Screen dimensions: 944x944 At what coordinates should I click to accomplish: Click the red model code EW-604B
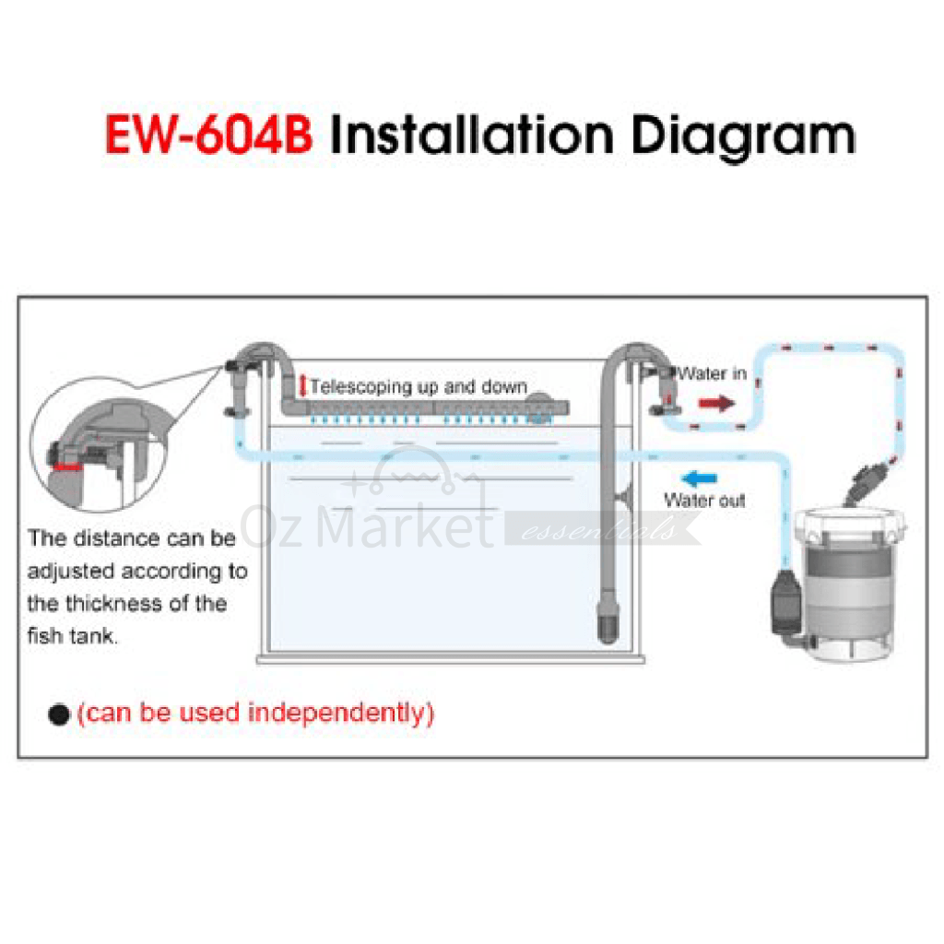tap(209, 135)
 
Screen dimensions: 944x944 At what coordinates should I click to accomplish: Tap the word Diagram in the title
tap(744, 138)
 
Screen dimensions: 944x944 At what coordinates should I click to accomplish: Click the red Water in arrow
tap(717, 403)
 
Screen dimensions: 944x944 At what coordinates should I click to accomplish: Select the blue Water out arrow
tap(699, 478)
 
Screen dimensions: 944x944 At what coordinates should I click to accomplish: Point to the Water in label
tap(713, 373)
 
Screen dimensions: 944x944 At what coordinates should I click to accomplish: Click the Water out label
tap(704, 501)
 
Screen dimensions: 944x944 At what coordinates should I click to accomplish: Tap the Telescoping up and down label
tap(419, 386)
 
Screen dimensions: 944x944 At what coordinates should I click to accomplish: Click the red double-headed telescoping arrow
tap(302, 386)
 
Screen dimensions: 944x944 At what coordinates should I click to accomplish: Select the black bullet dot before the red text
tap(59, 714)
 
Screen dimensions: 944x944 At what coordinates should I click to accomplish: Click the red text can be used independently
tap(256, 714)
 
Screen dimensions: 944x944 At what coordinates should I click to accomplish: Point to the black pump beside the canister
tap(785, 602)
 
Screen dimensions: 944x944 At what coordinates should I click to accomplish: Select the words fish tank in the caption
tap(72, 636)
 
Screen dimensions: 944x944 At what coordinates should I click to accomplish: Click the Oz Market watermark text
tap(367, 526)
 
